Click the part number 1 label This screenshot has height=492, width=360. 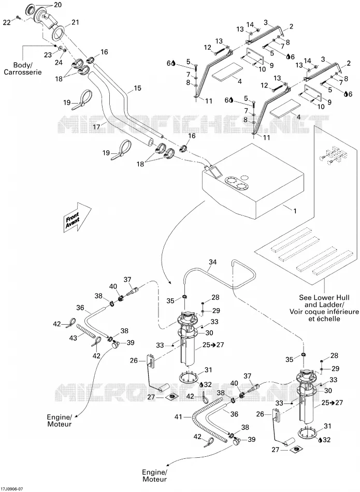pos(295,211)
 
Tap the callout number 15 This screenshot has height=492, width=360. pos(137,88)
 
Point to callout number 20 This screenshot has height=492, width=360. pos(57,5)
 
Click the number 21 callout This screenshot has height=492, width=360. pos(75,22)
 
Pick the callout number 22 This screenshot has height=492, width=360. pos(7,22)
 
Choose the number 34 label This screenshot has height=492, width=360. pos(212,262)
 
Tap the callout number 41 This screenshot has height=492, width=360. pos(178,417)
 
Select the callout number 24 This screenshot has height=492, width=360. pos(59,62)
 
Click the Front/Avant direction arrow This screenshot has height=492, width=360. pos(77,217)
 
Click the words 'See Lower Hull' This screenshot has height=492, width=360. pos(324,297)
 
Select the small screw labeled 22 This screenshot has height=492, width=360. pos(18,17)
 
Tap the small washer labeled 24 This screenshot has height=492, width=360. pos(64,50)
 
